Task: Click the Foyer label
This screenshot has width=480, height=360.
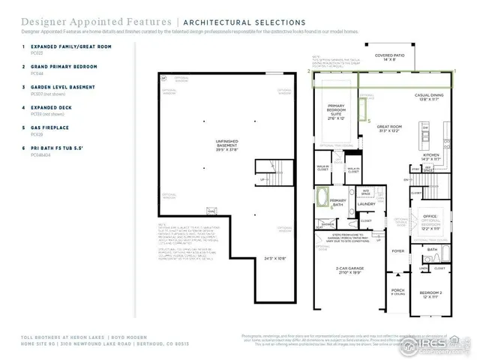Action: [x=397, y=251]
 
